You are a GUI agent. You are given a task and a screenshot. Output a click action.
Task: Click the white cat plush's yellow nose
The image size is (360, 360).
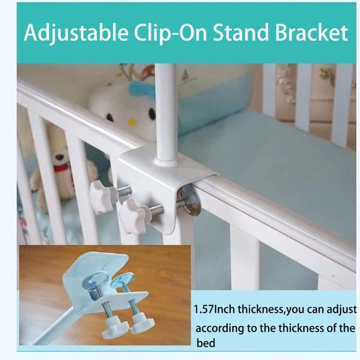click(x=131, y=122)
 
